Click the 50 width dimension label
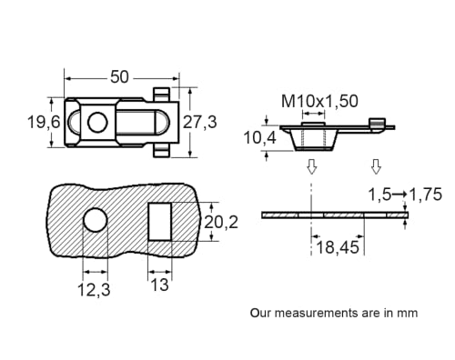(x=120, y=77)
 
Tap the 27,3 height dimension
(x=213, y=122)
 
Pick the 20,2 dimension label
(x=223, y=222)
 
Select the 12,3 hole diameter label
(x=95, y=288)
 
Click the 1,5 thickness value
(x=379, y=194)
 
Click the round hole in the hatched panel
(x=95, y=220)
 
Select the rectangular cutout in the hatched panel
(x=159, y=221)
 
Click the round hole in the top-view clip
(x=98, y=122)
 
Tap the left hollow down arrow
(x=311, y=167)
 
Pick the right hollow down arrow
(x=376, y=167)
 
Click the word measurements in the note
(x=319, y=312)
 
